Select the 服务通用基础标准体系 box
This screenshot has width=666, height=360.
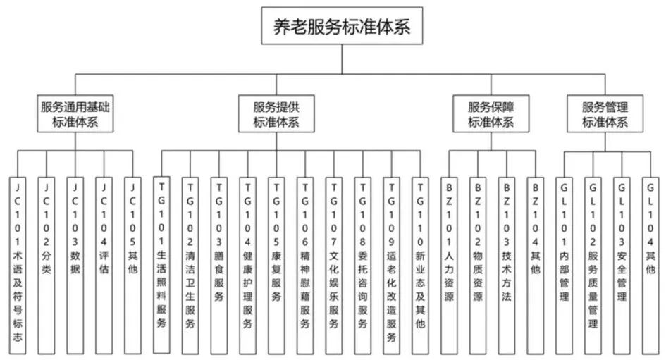pyautogui.click(x=75, y=114)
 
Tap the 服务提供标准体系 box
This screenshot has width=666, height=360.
pyautogui.click(x=276, y=114)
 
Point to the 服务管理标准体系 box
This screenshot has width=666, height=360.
pyautogui.click(x=605, y=114)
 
